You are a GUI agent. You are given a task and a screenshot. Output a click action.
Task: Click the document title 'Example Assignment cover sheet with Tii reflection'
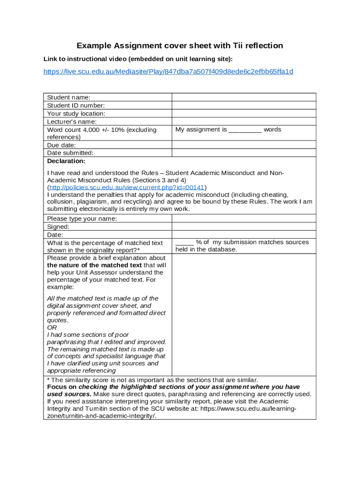pyautogui.click(x=180, y=45)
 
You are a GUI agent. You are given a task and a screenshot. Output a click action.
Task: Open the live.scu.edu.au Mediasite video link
pyautogui.click(x=168, y=72)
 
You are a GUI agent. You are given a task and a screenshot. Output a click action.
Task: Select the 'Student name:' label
pyautogui.click(x=69, y=97)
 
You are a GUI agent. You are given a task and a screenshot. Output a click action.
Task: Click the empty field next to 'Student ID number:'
pyautogui.click(x=244, y=105)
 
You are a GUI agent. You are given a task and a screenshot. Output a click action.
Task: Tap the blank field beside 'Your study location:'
pyautogui.click(x=244, y=113)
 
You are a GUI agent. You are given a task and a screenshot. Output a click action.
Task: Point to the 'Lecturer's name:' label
pyautogui.click(x=72, y=122)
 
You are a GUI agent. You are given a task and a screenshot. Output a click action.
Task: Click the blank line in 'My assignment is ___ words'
pyautogui.click(x=245, y=130)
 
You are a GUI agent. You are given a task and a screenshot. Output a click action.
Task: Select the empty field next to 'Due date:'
pyautogui.click(x=244, y=145)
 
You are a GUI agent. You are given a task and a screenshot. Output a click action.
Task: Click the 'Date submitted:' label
pyautogui.click(x=70, y=152)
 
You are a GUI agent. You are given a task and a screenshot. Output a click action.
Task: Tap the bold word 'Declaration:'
pyautogui.click(x=66, y=161)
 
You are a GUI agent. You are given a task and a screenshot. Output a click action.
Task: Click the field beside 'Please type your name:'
pyautogui.click(x=244, y=218)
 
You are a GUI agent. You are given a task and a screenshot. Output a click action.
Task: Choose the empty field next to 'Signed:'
pyautogui.click(x=244, y=226)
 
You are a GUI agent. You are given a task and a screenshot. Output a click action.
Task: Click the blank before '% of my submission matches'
pyautogui.click(x=184, y=242)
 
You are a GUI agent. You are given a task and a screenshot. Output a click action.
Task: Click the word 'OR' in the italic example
pyautogui.click(x=52, y=327)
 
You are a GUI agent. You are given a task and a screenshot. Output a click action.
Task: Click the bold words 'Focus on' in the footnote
pyautogui.click(x=62, y=387)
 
